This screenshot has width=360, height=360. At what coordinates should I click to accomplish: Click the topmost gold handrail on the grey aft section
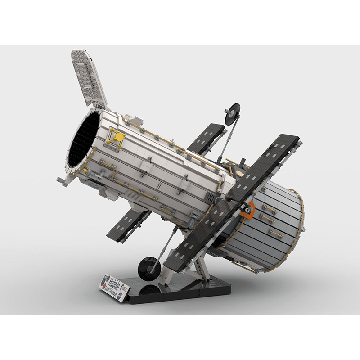(270, 209)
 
